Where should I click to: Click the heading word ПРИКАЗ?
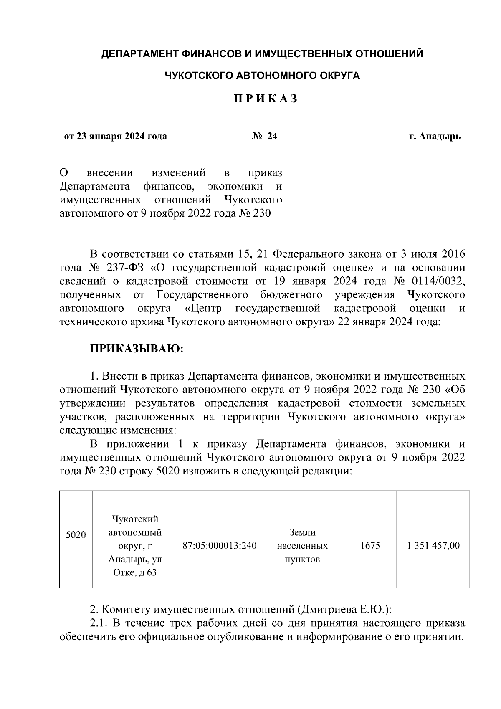point(265,99)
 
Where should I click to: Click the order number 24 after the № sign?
point(272,136)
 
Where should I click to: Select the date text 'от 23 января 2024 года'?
point(115,136)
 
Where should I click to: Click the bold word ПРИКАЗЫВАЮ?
point(137,349)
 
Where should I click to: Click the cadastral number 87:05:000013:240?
point(220,546)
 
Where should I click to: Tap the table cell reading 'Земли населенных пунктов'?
point(302,546)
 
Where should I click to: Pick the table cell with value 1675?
point(370,546)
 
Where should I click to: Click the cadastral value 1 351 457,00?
point(433,546)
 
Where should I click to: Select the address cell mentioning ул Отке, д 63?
point(135,546)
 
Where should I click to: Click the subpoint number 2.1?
point(99,623)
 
